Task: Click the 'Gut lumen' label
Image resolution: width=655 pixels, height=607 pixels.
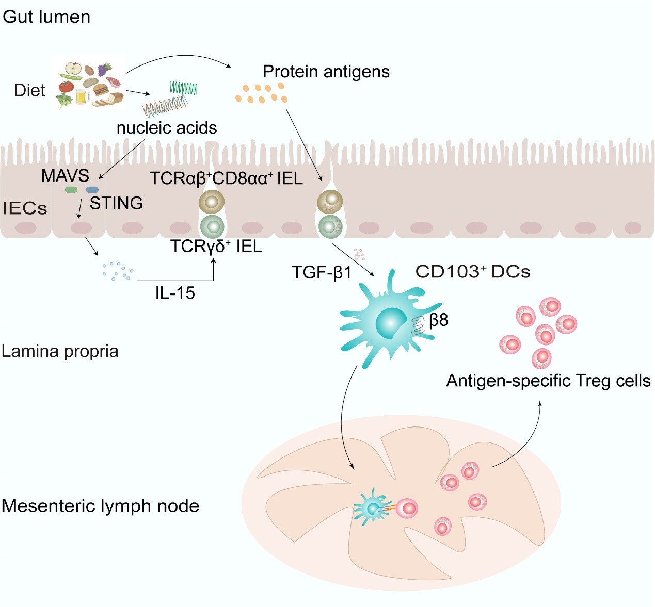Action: pyautogui.click(x=46, y=17)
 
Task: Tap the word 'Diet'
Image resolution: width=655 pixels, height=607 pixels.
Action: pyautogui.click(x=29, y=91)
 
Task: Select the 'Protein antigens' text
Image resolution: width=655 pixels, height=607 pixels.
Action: pyautogui.click(x=326, y=72)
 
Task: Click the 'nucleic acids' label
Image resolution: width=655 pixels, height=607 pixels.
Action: pyautogui.click(x=167, y=128)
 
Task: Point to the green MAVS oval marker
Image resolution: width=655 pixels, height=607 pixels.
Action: pyautogui.click(x=71, y=190)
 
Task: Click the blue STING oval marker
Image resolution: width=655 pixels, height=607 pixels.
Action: pyautogui.click(x=92, y=190)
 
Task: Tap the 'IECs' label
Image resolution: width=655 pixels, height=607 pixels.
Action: pyautogui.click(x=25, y=208)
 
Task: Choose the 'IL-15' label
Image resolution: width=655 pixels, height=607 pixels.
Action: pyautogui.click(x=175, y=293)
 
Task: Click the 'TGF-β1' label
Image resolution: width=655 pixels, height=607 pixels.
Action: pyautogui.click(x=321, y=272)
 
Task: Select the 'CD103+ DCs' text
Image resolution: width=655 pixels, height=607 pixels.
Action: pyautogui.click(x=472, y=272)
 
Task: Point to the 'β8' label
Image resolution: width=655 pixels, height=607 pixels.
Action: pyautogui.click(x=438, y=320)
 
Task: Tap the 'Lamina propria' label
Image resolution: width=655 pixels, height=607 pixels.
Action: pyautogui.click(x=60, y=351)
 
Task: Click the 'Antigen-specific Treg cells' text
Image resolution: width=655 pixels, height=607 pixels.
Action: pyautogui.click(x=548, y=381)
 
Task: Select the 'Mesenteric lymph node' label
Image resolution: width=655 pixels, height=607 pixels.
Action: pyautogui.click(x=100, y=506)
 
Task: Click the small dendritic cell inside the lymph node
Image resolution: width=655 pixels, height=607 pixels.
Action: pyautogui.click(x=372, y=508)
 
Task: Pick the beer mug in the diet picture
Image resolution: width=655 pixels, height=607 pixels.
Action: pyautogui.click(x=82, y=96)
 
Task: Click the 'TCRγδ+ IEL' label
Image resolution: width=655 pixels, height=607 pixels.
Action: pyautogui.click(x=216, y=247)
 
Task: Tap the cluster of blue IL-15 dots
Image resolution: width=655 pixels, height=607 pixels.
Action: pyautogui.click(x=118, y=271)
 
